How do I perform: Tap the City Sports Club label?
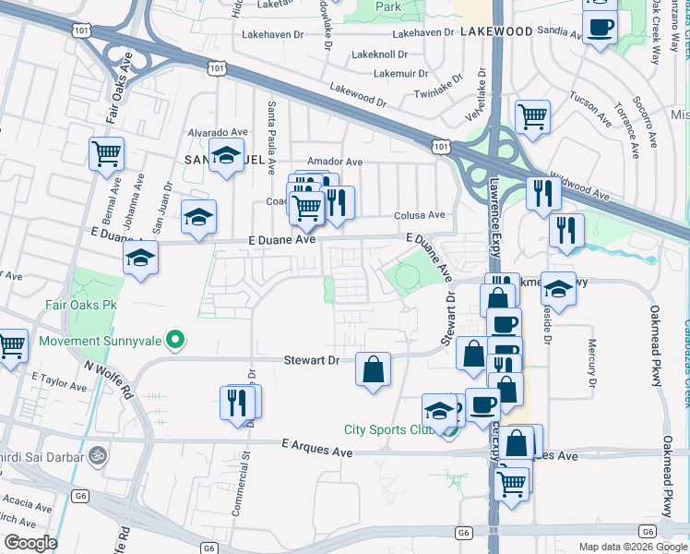click(388, 429)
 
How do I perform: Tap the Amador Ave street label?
click(335, 162)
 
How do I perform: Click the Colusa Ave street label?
click(420, 215)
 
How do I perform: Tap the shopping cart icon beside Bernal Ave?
click(106, 152)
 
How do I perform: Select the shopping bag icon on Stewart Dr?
click(372, 368)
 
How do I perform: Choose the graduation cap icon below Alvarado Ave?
click(224, 157)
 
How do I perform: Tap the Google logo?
click(30, 543)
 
